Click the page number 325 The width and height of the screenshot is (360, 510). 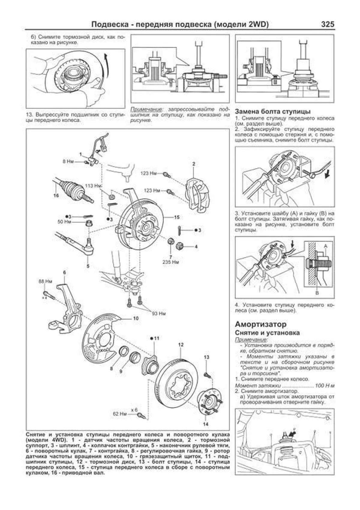click(x=327, y=24)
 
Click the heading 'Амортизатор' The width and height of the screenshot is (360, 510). click(x=260, y=324)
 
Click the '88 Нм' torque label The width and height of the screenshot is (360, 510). click(x=45, y=282)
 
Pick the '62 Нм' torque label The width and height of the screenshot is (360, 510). click(x=120, y=414)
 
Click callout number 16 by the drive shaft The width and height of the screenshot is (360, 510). click(x=56, y=196)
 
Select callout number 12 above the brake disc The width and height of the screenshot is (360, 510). click(x=181, y=345)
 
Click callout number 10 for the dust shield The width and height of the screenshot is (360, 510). click(x=136, y=318)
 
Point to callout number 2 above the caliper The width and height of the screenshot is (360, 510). click(x=194, y=164)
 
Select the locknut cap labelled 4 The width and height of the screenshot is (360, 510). click(x=180, y=246)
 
